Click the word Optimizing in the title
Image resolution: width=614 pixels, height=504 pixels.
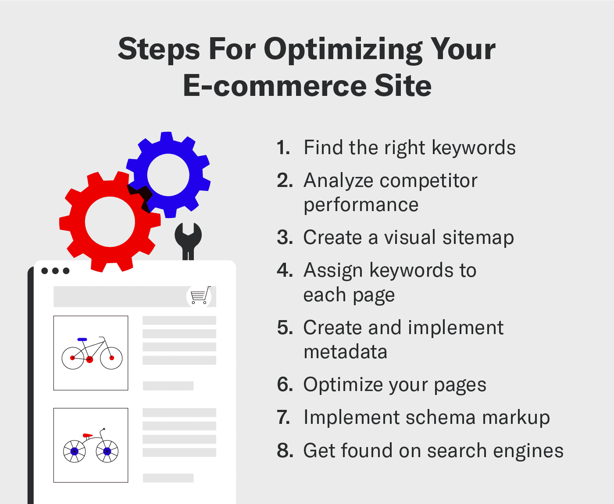pos(343,49)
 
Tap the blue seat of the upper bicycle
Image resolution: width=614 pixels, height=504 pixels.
pos(82,339)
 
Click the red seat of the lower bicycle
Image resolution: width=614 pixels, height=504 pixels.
pos(88,435)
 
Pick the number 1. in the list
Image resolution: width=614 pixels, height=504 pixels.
pos(283,148)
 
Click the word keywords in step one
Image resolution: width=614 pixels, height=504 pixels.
pos(474,148)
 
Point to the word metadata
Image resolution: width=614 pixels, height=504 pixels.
pos(345,352)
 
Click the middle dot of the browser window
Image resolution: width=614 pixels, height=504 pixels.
pos(55,271)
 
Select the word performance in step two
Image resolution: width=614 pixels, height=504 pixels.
pos(361,205)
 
